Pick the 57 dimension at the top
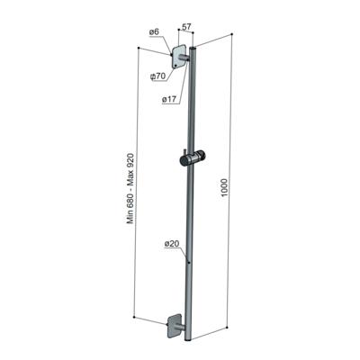pos(185,29)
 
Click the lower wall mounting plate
pos(175,327)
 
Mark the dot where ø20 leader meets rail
pos(188,261)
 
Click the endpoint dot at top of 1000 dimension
pos(232,35)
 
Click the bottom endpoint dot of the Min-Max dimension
pos(134,318)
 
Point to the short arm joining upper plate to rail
pos(185,59)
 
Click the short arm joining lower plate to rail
pos(183,325)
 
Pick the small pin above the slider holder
pos(190,146)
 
